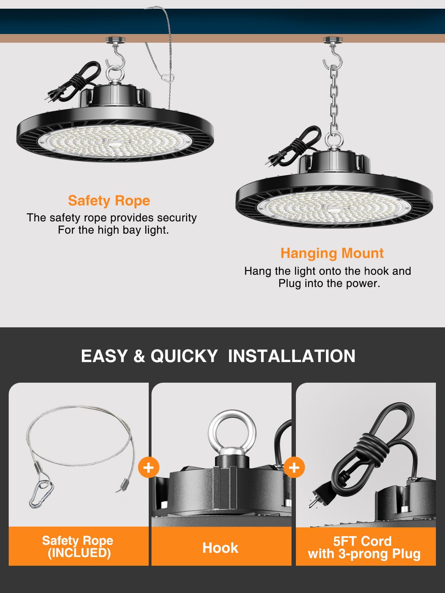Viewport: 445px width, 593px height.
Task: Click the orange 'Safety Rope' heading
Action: tap(109, 200)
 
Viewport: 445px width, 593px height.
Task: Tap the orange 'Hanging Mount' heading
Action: tap(332, 253)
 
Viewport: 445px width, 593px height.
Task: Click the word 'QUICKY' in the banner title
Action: tap(184, 356)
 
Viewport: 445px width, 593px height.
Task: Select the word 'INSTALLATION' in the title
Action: tap(292, 356)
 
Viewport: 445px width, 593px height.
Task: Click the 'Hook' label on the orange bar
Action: tap(220, 548)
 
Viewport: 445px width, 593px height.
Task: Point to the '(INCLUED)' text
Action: tap(79, 553)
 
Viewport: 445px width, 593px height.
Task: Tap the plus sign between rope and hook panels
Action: tap(148, 467)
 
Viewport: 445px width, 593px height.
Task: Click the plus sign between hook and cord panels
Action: tap(294, 467)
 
